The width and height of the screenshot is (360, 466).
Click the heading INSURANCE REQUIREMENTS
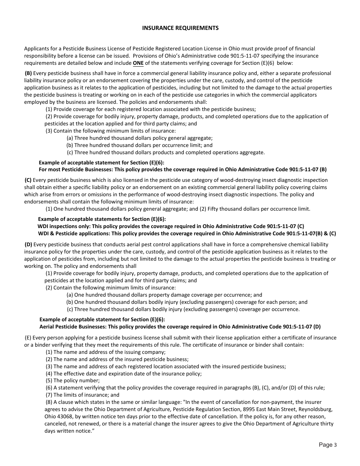(180, 28)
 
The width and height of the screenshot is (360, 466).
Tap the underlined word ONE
(138, 63)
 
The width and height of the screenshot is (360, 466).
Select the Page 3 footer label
(327, 445)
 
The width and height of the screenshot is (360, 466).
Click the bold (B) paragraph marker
(28, 73)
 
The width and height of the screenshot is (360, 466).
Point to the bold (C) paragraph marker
(28, 180)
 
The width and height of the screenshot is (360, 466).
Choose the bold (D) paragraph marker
(28, 244)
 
